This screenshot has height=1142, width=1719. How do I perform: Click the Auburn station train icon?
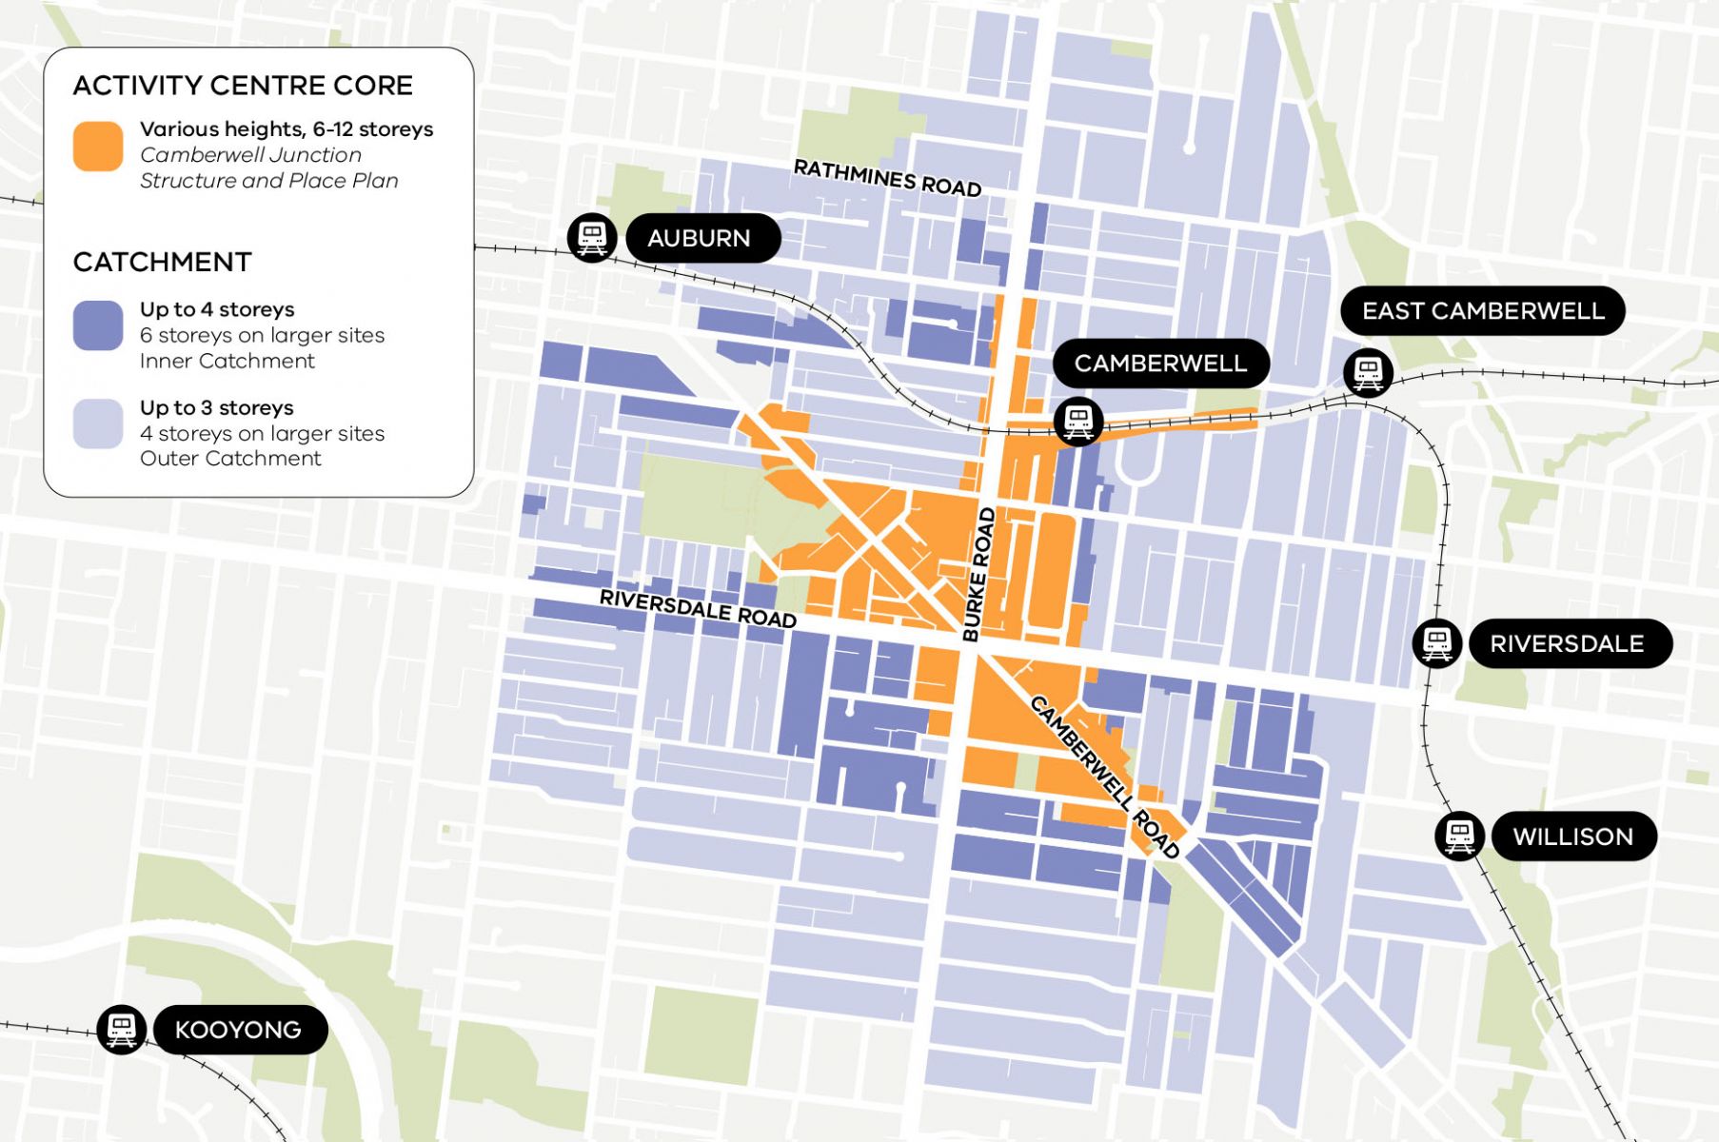click(x=592, y=237)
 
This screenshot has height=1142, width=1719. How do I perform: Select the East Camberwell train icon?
click(x=1368, y=372)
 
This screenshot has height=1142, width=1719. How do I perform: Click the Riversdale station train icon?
click(x=1436, y=643)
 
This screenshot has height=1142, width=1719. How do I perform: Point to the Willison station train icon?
click(x=1459, y=836)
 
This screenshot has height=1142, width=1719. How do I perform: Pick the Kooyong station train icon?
click(x=121, y=1029)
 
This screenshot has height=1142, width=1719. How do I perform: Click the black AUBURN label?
click(x=699, y=238)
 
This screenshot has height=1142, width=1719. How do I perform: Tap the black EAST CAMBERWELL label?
click(x=1482, y=311)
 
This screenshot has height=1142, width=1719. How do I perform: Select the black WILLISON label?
click(x=1572, y=837)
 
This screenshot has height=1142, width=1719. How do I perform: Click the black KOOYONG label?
click(x=238, y=1030)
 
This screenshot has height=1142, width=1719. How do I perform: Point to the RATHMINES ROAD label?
click(x=887, y=179)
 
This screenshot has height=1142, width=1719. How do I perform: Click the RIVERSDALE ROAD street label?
click(x=698, y=609)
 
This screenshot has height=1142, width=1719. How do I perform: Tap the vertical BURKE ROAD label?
click(x=978, y=574)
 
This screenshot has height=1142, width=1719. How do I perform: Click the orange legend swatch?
click(x=98, y=147)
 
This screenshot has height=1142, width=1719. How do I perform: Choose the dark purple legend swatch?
click(x=98, y=326)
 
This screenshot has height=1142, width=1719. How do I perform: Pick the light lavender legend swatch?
click(x=98, y=424)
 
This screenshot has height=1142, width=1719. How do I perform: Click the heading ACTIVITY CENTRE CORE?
click(x=243, y=86)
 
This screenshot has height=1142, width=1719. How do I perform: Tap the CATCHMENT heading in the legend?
click(x=163, y=262)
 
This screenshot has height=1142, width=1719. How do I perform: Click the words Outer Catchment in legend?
click(x=230, y=459)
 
